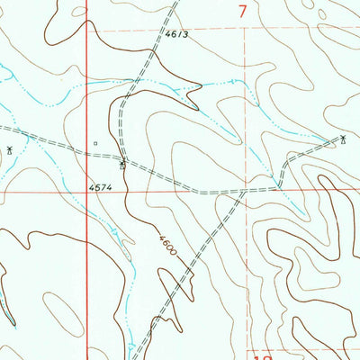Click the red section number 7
click(x=244, y=12)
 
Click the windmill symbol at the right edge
click(x=343, y=139)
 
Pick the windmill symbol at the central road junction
click(x=123, y=164)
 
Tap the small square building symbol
click(x=94, y=142)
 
